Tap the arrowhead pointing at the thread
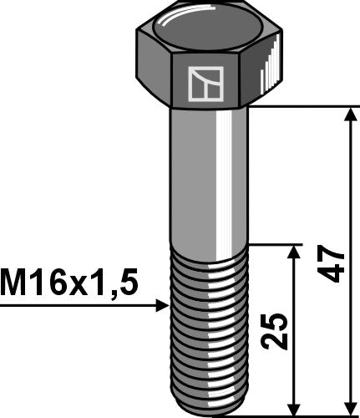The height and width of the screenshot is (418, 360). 162,307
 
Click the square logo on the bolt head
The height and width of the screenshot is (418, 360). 202,84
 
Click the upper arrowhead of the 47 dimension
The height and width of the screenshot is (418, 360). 347,113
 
